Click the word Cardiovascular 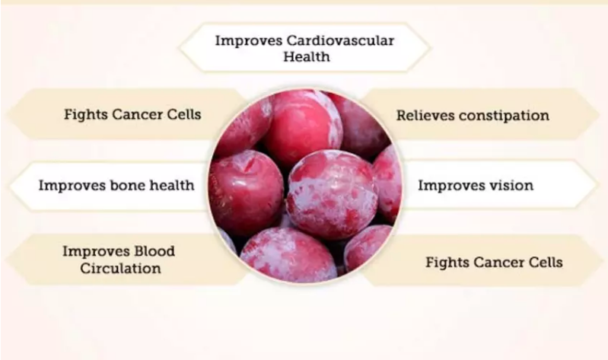click(x=340, y=40)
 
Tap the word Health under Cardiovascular click(x=307, y=56)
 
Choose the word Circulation click(x=120, y=268)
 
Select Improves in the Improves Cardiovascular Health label click(x=248, y=41)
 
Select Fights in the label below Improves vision click(x=447, y=263)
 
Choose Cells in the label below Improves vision click(x=544, y=263)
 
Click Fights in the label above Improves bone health click(x=85, y=115)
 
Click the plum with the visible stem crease click(x=247, y=191)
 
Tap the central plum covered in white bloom click(x=332, y=195)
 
